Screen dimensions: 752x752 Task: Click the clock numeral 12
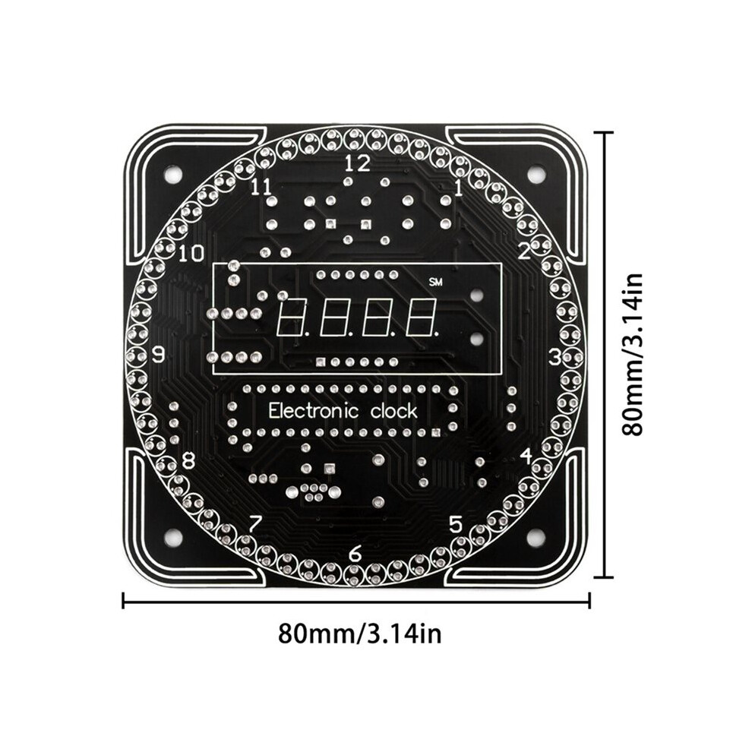[x=358, y=164]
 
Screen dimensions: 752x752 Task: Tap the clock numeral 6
[x=355, y=555]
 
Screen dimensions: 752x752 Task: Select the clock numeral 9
[x=158, y=355]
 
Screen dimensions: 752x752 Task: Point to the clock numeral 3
[x=555, y=357]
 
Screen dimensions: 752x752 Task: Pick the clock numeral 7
[x=255, y=524]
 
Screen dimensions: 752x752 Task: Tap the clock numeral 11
[x=261, y=187]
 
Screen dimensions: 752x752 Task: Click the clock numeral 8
[x=189, y=461]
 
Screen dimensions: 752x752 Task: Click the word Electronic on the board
[x=314, y=411]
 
